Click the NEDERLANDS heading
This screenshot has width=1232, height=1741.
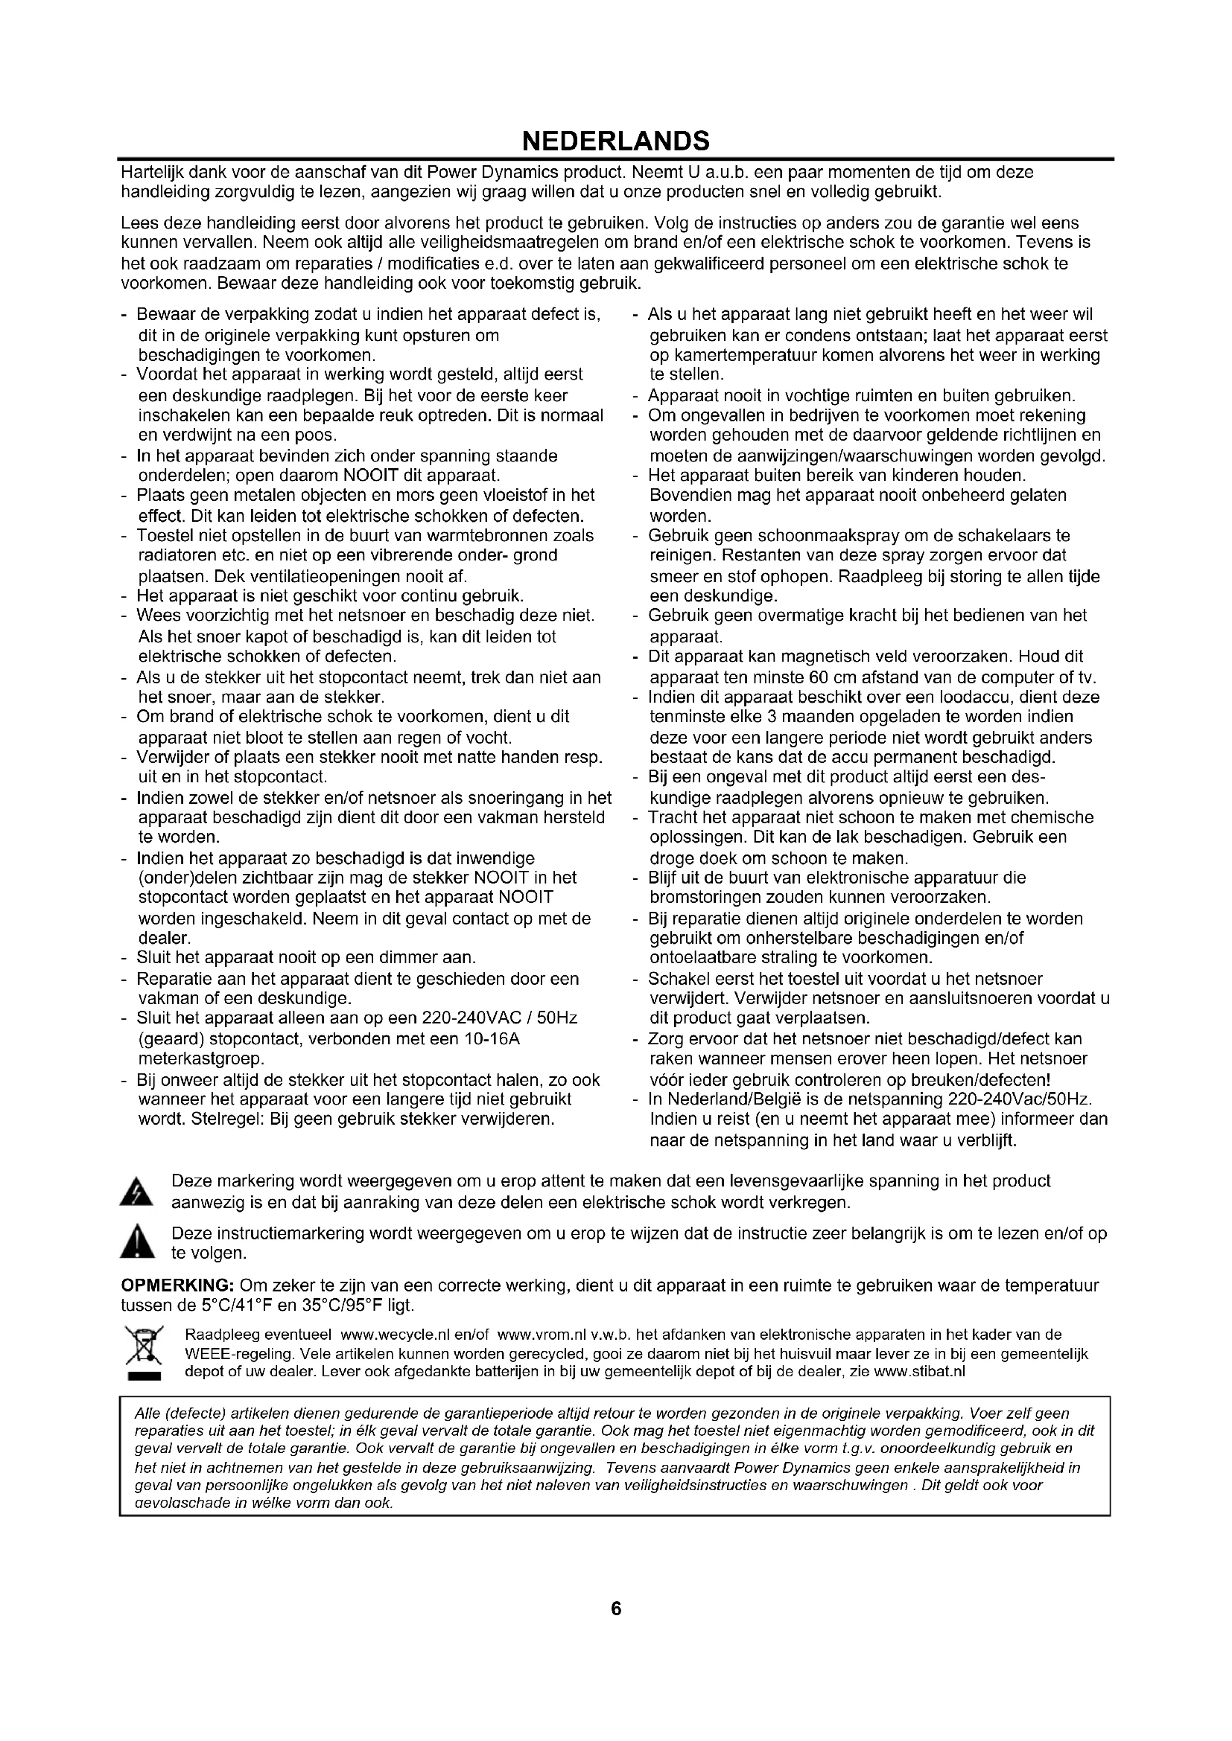pyautogui.click(x=615, y=140)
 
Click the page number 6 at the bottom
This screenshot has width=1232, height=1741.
pyautogui.click(x=615, y=1629)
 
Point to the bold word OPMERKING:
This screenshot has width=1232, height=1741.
pyautogui.click(x=178, y=1286)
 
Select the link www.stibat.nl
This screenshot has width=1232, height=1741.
pyautogui.click(x=919, y=1372)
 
